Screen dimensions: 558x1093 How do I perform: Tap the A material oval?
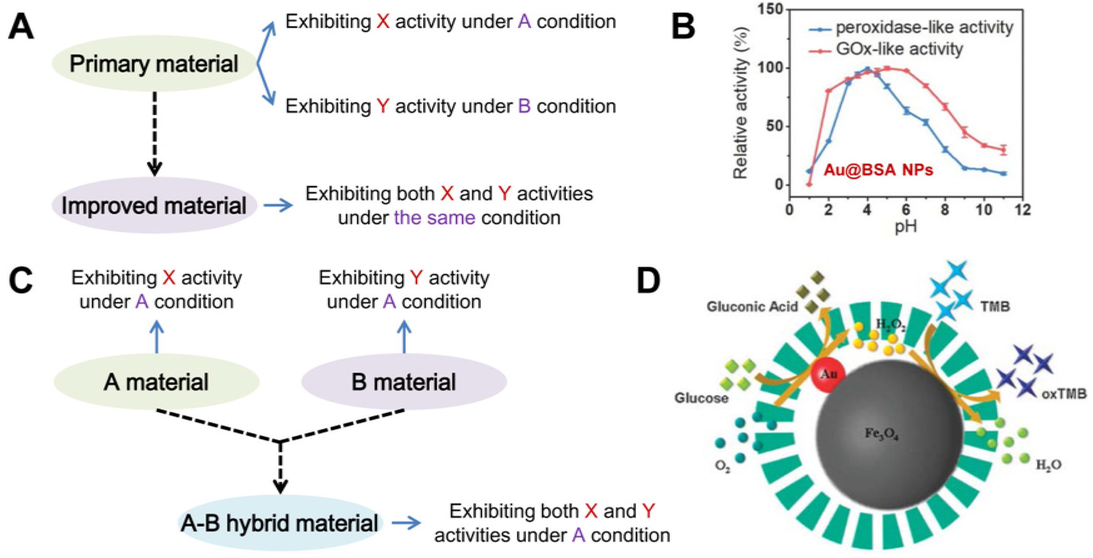point(156,381)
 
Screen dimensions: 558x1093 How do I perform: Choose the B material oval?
point(404,381)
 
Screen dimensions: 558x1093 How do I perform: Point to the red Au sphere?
point(827,374)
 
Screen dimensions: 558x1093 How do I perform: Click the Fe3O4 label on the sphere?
point(882,434)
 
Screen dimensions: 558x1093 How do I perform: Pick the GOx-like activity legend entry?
point(899,49)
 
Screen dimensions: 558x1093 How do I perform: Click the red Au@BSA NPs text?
point(878,170)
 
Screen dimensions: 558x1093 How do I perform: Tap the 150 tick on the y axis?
point(769,9)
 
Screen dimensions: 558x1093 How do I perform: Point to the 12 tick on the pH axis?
point(1023,210)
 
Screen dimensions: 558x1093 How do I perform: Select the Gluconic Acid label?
point(752,306)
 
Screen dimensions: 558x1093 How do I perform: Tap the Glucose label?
point(701,398)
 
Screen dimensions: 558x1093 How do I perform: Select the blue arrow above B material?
point(404,336)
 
